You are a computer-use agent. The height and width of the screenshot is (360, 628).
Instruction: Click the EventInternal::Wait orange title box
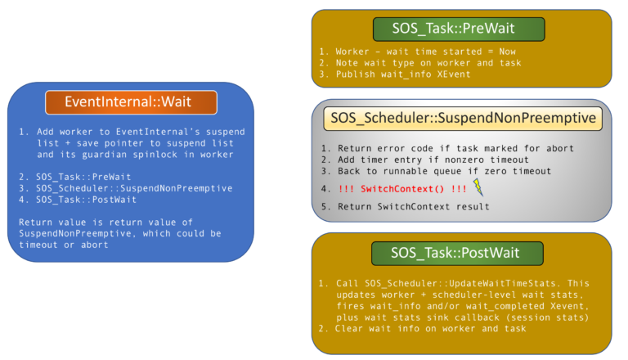tap(131, 102)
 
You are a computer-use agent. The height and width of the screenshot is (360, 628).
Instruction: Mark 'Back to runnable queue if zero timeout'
tap(429, 171)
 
